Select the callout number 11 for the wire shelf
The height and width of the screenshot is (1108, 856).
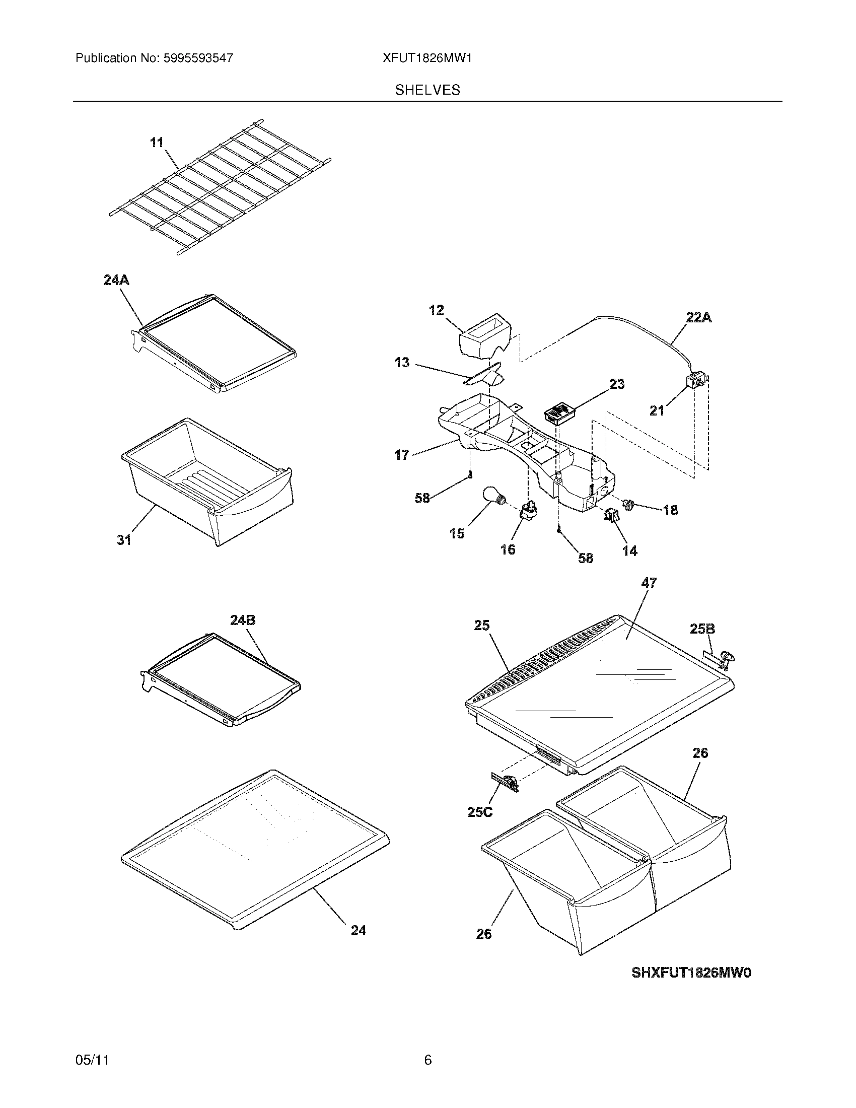[157, 143]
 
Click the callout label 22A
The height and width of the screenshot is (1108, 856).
[698, 318]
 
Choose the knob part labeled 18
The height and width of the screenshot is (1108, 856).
[629, 505]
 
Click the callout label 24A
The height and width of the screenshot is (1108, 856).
[116, 280]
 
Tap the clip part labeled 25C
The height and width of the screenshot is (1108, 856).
[505, 782]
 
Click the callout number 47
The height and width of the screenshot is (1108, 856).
[649, 583]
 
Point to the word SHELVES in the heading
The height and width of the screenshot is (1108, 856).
[427, 90]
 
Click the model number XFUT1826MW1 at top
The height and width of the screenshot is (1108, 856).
[427, 58]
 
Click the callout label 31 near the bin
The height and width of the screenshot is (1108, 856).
[124, 540]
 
